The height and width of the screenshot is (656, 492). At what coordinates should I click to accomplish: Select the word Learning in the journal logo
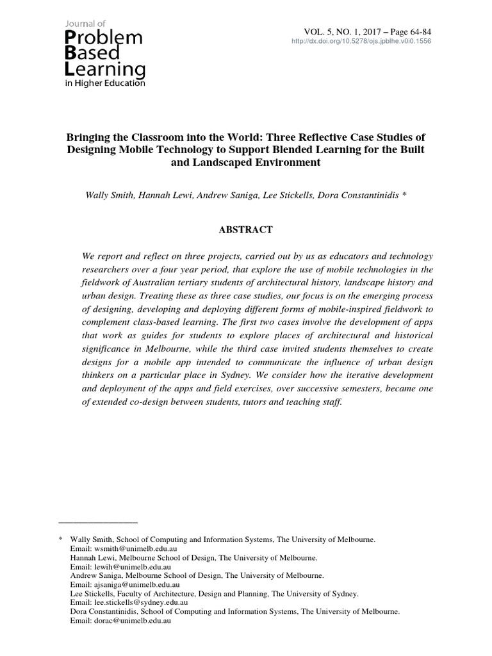(x=105, y=69)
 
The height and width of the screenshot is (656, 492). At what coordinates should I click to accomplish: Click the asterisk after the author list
(x=404, y=196)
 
